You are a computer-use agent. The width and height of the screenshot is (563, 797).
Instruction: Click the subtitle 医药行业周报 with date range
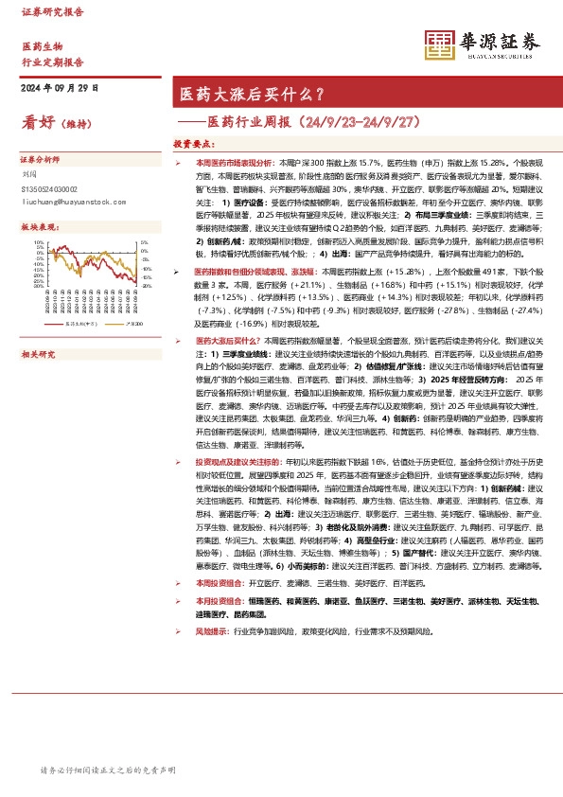pos(291,121)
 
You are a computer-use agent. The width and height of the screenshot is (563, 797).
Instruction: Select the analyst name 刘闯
pos(27,174)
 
